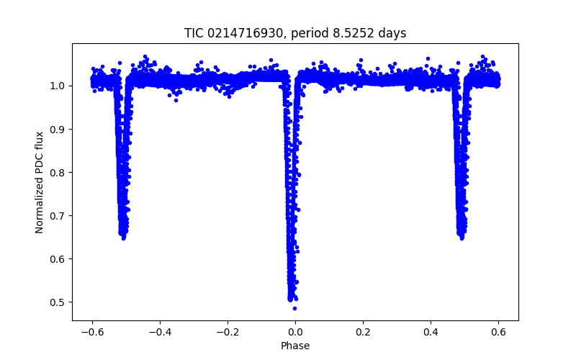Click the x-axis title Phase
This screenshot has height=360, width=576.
(295, 346)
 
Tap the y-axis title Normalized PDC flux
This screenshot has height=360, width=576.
(40, 181)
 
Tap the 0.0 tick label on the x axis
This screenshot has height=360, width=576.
(295, 332)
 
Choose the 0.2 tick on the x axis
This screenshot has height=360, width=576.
(363, 332)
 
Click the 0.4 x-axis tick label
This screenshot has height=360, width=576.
(431, 332)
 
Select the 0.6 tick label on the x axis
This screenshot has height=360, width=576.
(498, 332)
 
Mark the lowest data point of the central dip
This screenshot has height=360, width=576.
(294, 308)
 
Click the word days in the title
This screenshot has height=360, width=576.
(392, 33)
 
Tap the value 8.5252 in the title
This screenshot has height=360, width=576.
(354, 33)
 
